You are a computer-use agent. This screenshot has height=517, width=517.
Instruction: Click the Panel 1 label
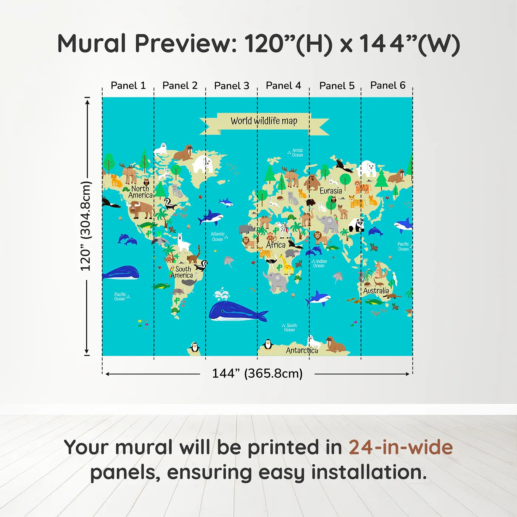(128, 86)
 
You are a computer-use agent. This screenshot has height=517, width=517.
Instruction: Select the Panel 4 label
(283, 86)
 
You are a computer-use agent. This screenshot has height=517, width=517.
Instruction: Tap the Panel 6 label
(388, 85)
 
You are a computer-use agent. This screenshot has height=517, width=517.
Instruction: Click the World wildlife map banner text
(264, 121)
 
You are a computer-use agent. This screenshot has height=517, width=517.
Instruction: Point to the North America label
(141, 192)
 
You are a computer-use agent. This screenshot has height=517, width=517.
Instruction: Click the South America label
(182, 272)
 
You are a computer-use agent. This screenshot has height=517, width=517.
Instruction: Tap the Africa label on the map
(276, 245)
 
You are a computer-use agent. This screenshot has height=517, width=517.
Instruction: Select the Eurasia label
(331, 191)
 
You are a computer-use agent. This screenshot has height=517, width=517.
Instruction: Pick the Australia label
(376, 291)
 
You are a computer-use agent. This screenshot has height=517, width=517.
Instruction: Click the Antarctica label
(302, 350)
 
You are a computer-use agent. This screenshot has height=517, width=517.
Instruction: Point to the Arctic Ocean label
(297, 153)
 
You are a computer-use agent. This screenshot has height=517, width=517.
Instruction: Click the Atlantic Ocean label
(218, 237)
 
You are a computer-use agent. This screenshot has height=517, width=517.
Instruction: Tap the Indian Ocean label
(320, 263)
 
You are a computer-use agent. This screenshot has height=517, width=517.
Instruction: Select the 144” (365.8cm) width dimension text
(257, 373)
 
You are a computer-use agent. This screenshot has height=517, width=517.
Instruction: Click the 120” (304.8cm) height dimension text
(85, 226)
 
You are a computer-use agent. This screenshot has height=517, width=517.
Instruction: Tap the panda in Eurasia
(356, 224)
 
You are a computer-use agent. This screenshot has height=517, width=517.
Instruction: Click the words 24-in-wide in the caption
(401, 448)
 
